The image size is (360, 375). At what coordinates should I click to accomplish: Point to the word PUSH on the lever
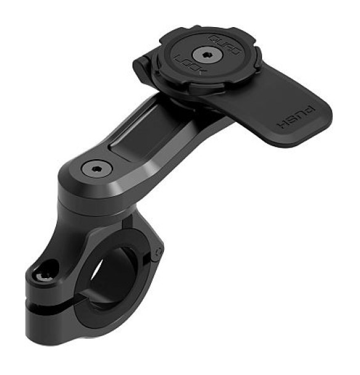296,117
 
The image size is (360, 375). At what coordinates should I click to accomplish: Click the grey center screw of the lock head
207,56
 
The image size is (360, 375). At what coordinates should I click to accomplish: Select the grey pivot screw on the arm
97,168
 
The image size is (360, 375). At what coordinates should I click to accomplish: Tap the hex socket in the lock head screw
207,56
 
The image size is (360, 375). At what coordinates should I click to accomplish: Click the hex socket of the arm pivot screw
97,169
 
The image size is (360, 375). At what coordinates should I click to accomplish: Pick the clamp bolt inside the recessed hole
44,277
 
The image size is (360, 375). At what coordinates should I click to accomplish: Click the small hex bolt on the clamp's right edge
158,252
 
